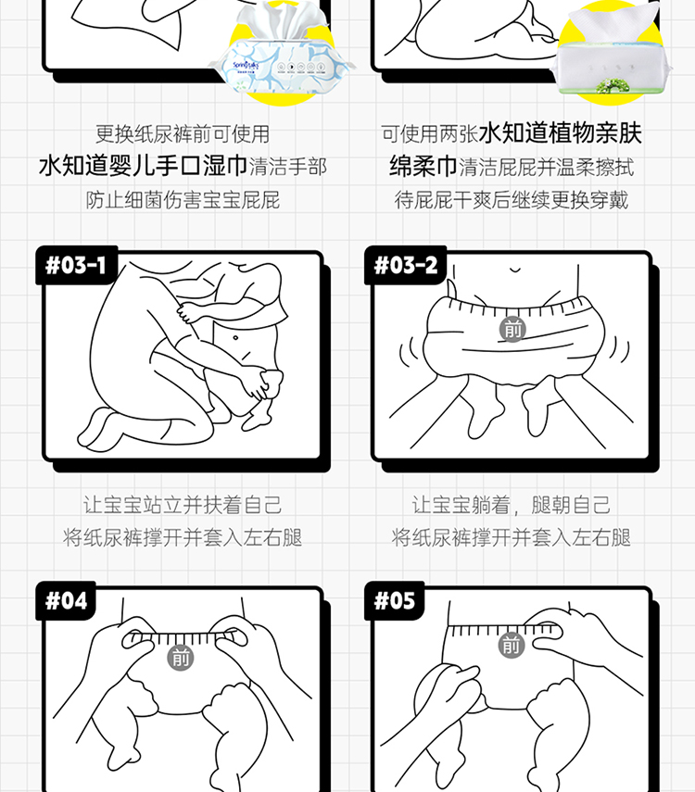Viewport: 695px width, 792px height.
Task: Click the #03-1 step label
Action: [76, 265]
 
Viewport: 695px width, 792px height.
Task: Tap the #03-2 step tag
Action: [405, 265]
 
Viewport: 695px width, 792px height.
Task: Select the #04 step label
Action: [66, 600]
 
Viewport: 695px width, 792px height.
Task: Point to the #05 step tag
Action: [395, 600]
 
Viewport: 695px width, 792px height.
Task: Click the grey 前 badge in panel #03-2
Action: [512, 330]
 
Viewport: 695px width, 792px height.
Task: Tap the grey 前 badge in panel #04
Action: [181, 658]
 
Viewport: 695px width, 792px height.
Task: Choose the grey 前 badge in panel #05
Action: [511, 645]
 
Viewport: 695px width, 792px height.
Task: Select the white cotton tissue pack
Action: [613, 53]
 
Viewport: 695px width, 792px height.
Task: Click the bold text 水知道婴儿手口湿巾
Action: [143, 166]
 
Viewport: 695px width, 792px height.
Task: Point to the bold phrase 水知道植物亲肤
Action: [560, 133]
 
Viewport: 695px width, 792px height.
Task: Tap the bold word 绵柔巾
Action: [423, 166]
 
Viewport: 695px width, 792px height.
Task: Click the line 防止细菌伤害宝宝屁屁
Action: [183, 200]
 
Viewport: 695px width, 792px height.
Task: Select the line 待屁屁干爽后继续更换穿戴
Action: [512, 200]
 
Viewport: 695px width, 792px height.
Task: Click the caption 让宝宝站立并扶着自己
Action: [183, 505]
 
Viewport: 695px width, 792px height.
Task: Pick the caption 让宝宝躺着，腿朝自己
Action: [512, 505]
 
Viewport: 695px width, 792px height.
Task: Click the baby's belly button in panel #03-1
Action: [235, 337]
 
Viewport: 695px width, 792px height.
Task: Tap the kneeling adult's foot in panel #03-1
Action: [99, 430]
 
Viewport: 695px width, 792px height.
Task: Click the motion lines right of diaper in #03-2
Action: [619, 349]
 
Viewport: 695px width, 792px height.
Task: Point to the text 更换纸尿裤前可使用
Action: [183, 133]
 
